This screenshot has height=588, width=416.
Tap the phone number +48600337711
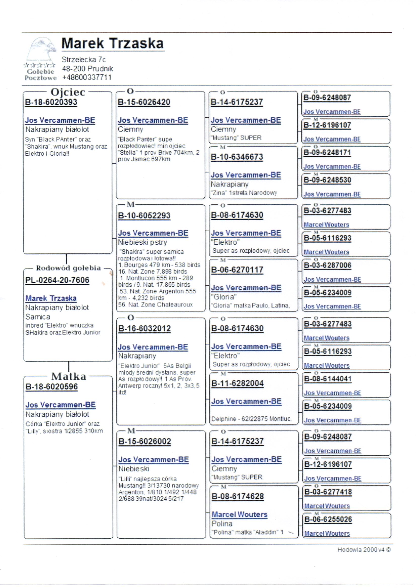[x=87, y=77]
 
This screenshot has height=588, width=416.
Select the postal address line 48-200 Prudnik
[x=87, y=69]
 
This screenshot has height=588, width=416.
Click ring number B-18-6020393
[x=51, y=102]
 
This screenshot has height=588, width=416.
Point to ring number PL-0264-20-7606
[x=57, y=280]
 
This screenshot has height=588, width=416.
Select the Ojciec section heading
[x=68, y=92]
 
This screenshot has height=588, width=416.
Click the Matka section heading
[x=68, y=376]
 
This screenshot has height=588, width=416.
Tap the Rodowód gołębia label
[x=68, y=268]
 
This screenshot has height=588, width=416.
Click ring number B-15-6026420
[x=144, y=102]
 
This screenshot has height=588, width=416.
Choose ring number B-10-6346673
[x=237, y=157]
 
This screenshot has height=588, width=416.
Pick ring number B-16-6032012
[x=144, y=328]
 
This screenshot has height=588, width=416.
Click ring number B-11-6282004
[x=237, y=383]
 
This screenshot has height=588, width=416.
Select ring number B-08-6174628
[x=237, y=496]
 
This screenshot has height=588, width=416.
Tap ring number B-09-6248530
[x=327, y=180]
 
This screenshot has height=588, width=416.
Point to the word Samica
[x=38, y=317]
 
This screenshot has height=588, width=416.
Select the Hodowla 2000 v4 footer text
[x=364, y=550]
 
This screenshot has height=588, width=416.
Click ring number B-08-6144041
[x=328, y=379]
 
